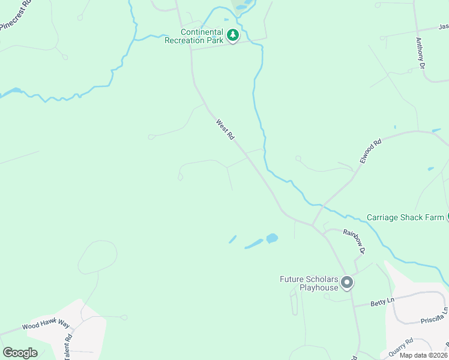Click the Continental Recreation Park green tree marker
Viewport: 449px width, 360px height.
233,36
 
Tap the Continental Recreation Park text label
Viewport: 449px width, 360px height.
201,36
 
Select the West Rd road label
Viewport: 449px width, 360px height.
225,129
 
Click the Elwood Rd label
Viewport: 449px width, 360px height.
370,152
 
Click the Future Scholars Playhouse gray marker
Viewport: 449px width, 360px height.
346,282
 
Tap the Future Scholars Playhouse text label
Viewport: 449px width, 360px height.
309,283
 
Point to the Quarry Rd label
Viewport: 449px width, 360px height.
400,347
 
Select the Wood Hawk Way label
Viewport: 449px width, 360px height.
46,326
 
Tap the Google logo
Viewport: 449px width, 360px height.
20,353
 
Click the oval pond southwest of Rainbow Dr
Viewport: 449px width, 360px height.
271,238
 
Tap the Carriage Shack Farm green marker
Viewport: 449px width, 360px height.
447,217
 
